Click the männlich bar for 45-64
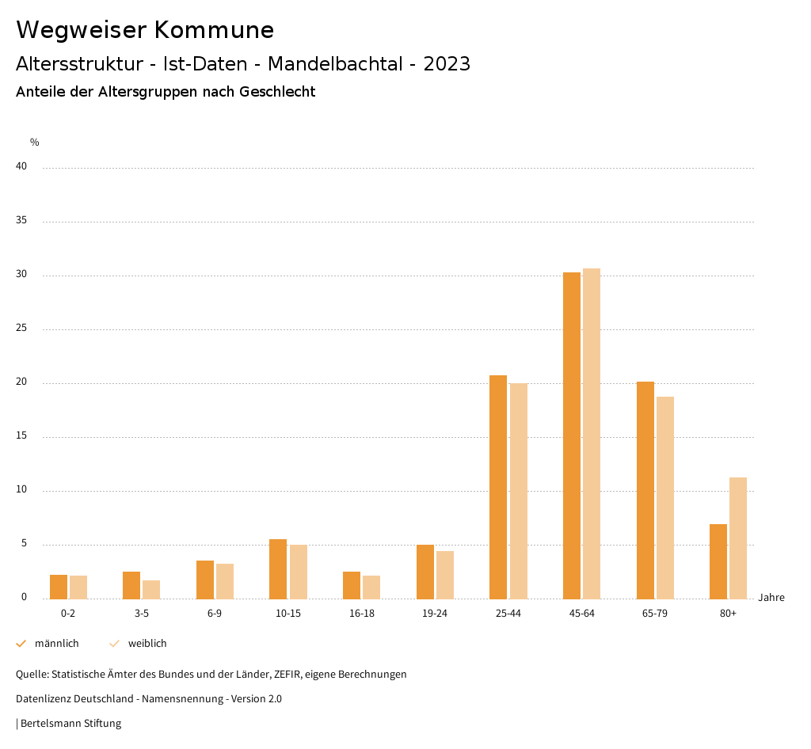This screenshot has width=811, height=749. tap(572, 435)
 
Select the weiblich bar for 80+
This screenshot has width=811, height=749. tap(738, 538)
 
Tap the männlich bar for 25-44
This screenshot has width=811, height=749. tap(498, 487)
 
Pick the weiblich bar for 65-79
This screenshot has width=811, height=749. tap(665, 497)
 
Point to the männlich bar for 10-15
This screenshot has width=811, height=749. tap(278, 569)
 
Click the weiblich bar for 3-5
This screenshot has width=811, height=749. tap(151, 590)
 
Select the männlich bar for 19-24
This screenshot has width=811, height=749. tap(425, 572)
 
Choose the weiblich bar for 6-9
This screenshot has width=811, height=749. tap(225, 581)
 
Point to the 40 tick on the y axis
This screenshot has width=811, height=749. tap(21, 167)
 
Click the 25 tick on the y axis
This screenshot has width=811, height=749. tap(21, 329)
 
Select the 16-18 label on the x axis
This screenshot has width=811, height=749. tap(361, 614)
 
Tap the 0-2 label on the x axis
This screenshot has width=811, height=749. tap(68, 614)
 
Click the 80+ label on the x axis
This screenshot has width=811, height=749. tap(729, 614)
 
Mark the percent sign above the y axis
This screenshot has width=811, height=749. tap(35, 143)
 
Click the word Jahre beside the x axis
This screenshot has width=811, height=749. tap(771, 598)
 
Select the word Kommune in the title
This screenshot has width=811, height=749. tap(214, 30)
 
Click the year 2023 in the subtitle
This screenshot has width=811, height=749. tap(447, 64)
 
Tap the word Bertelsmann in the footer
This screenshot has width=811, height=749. tap(48, 724)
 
